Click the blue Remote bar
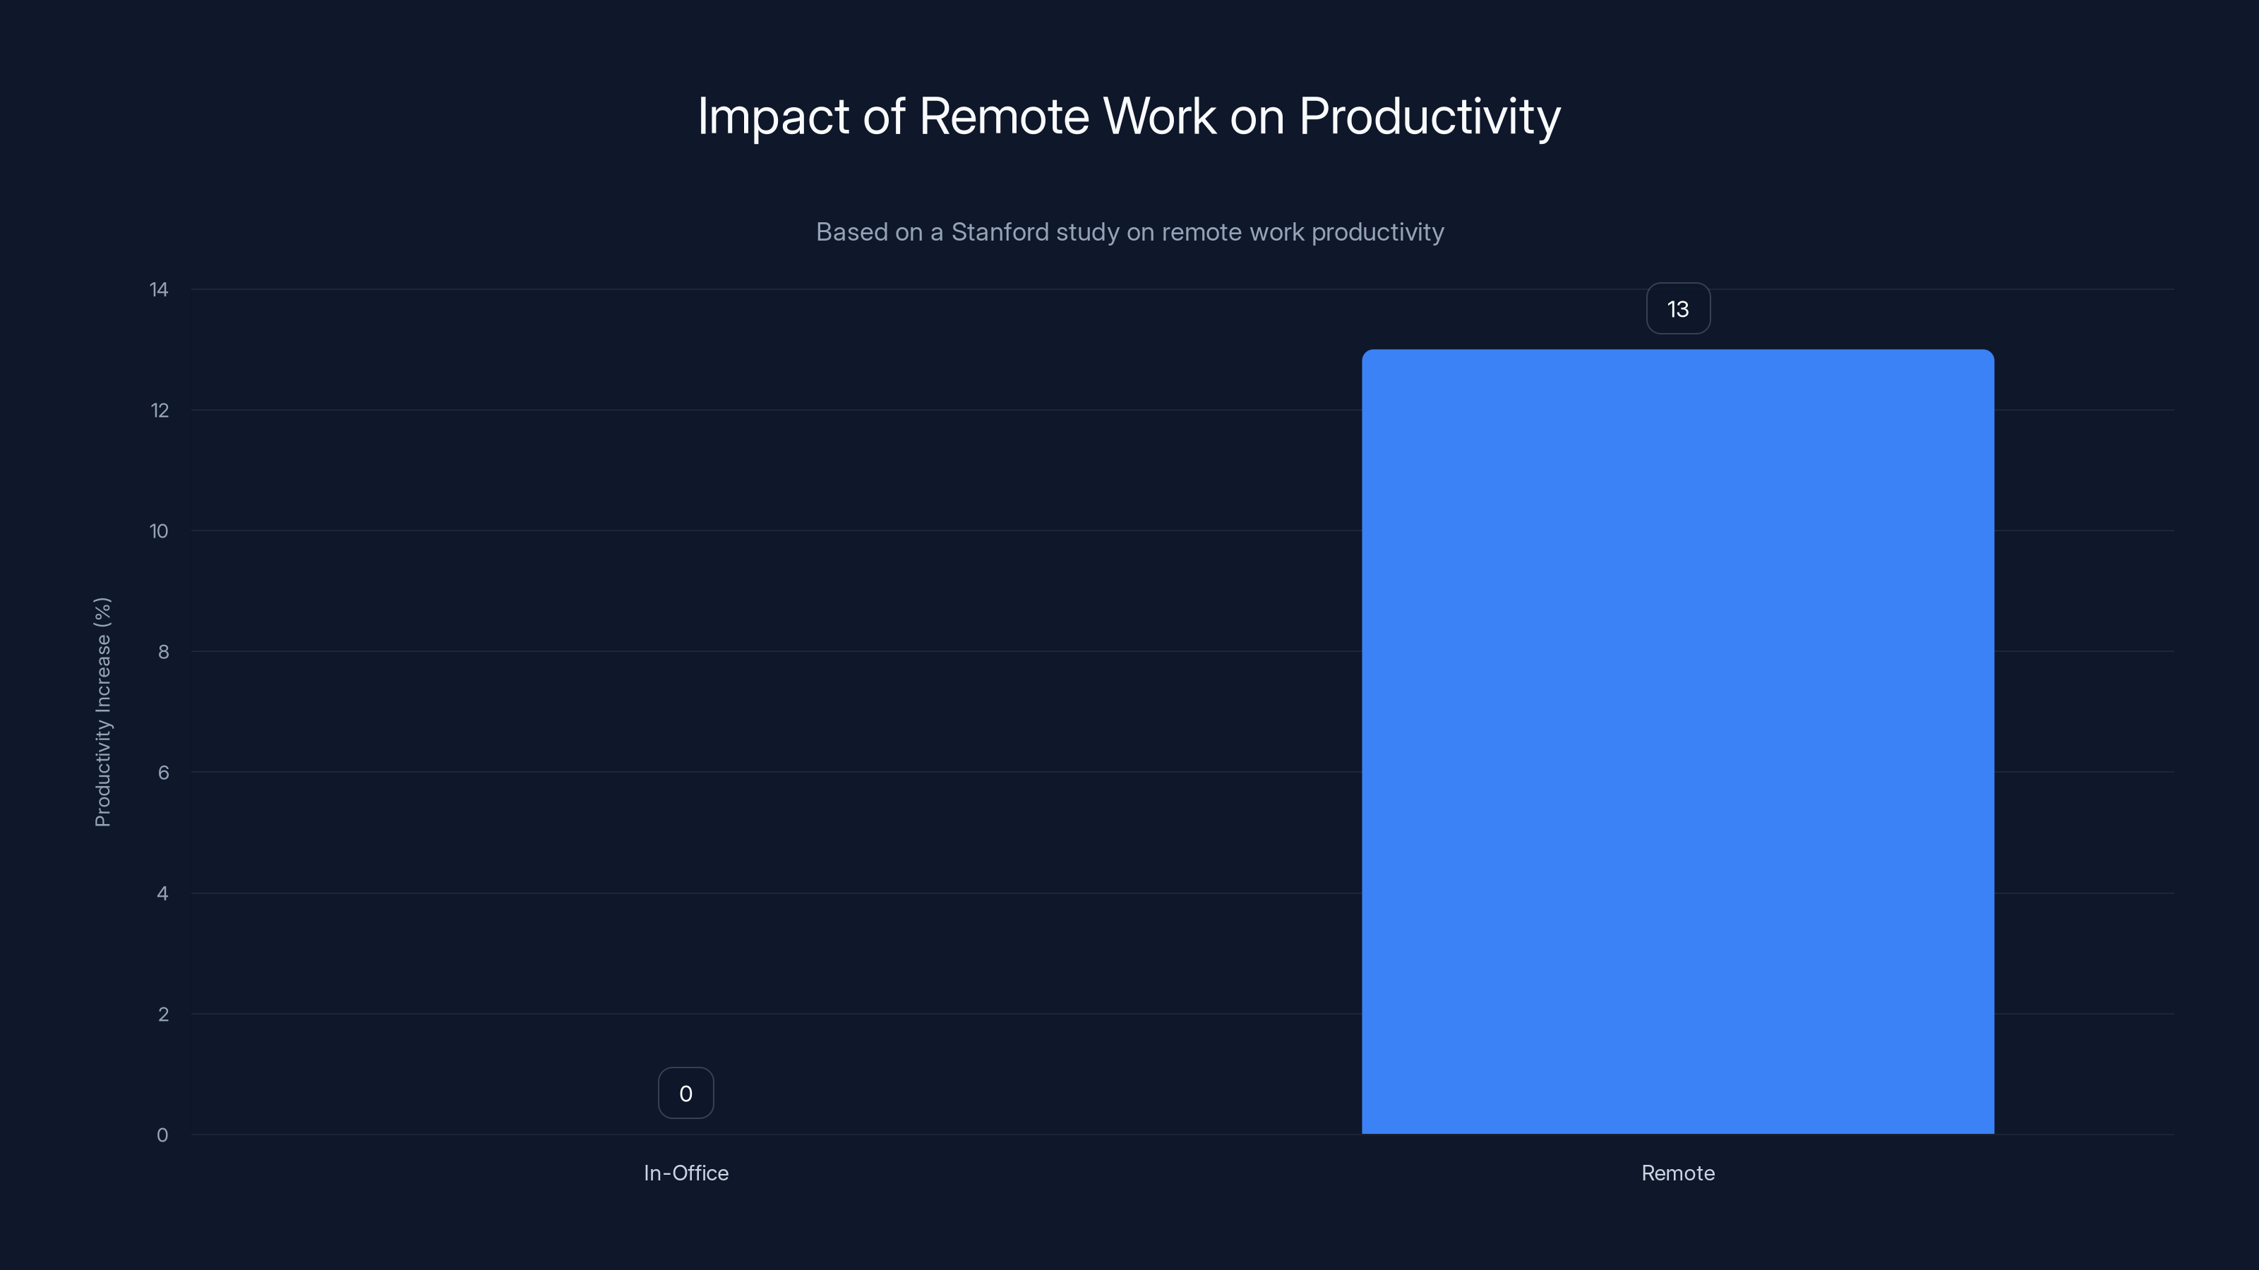(1677, 742)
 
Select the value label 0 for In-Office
(685, 1094)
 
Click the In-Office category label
(685, 1173)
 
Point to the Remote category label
(1677, 1173)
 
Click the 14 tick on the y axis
(159, 290)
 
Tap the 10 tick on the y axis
(159, 531)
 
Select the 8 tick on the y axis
(163, 652)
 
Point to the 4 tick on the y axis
(163, 894)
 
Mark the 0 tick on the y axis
(162, 1136)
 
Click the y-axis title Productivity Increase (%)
(102, 712)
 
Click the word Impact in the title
(772, 116)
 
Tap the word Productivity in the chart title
(1430, 116)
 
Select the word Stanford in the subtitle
(1000, 232)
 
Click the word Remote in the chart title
(1004, 116)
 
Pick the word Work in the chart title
(1159, 116)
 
